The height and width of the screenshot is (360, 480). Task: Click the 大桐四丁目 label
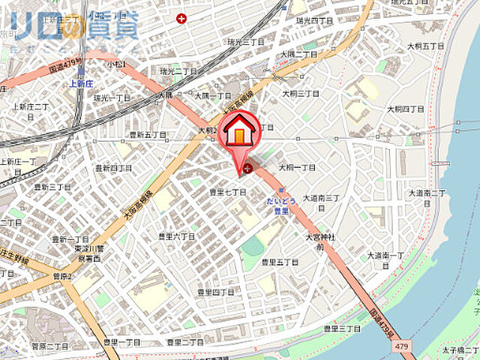coord(406,109)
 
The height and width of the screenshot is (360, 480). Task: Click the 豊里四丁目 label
coord(215,292)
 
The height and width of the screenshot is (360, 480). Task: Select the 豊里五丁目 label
coord(280,262)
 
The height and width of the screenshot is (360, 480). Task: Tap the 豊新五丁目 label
coord(148,136)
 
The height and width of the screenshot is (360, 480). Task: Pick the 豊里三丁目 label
coord(343,328)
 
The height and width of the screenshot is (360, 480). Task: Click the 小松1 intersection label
coord(115,65)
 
